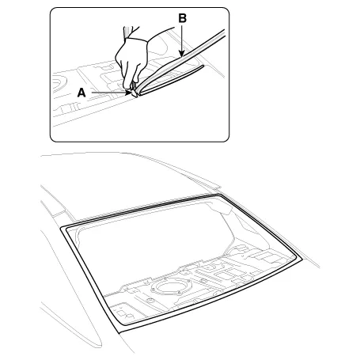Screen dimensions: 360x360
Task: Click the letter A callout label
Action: click(x=81, y=93)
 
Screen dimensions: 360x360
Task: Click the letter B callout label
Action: click(x=182, y=18)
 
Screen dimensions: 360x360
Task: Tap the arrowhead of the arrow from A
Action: click(x=129, y=93)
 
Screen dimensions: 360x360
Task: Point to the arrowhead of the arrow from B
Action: click(x=181, y=54)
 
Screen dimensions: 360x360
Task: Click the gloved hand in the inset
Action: click(x=132, y=62)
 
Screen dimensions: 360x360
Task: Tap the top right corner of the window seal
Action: click(x=219, y=195)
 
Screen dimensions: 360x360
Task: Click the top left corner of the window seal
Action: click(x=61, y=227)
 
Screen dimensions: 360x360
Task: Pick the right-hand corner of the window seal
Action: click(x=301, y=259)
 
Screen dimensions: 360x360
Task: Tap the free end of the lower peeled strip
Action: click(x=203, y=66)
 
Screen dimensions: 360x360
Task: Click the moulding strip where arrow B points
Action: click(x=181, y=59)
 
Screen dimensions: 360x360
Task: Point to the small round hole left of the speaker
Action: click(x=150, y=301)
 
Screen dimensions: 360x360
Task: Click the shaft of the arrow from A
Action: click(x=108, y=93)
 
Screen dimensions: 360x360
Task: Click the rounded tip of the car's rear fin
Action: click(x=99, y=344)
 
